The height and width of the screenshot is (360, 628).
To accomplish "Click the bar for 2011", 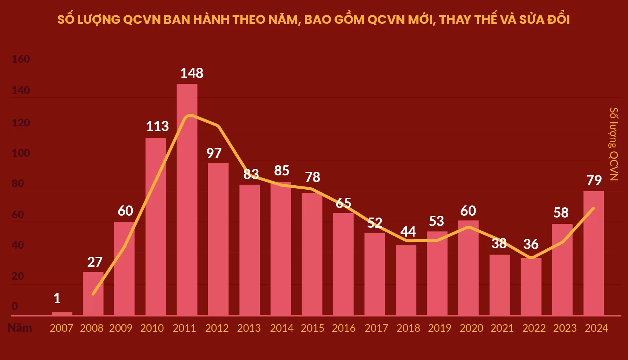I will (x=187, y=200).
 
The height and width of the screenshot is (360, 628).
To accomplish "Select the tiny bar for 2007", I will (x=62, y=313).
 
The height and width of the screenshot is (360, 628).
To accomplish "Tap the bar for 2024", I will (x=594, y=253).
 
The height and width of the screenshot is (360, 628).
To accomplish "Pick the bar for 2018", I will (x=406, y=280).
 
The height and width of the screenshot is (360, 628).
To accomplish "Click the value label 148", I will (x=192, y=73).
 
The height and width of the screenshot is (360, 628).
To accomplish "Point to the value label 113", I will (x=158, y=126).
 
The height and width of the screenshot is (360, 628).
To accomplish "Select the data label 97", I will (x=214, y=153).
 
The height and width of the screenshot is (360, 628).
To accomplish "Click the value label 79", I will (x=594, y=180).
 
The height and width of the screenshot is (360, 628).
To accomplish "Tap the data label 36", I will (x=531, y=244).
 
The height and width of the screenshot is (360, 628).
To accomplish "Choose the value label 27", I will (x=95, y=262).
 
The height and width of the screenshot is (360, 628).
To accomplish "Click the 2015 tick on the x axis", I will (x=313, y=328).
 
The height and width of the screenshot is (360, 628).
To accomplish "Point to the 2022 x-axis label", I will (x=534, y=328).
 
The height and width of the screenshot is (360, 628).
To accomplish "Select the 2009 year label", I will (x=121, y=328).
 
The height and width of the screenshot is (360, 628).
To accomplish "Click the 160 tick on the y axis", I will (x=21, y=59).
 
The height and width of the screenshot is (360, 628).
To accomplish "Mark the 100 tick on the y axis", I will (x=21, y=153).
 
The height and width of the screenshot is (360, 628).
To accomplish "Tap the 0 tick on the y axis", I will (x=15, y=306).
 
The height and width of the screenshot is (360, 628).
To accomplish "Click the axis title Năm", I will (x=20, y=328).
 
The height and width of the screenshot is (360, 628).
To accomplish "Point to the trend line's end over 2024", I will (x=593, y=208).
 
